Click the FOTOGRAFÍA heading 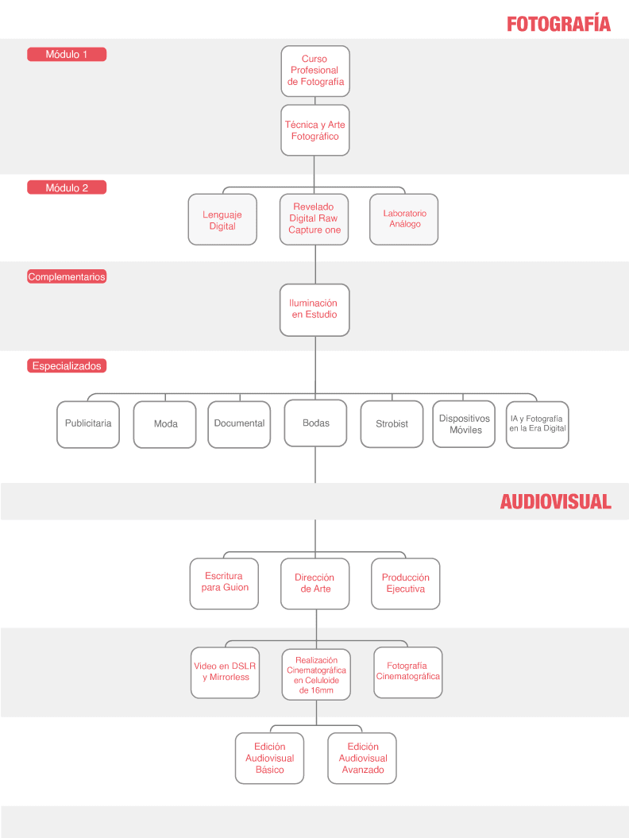click(558, 24)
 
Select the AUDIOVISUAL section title click(555, 501)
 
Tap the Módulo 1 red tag click(67, 54)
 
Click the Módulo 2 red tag click(67, 187)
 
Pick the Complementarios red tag click(67, 276)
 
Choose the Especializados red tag click(67, 365)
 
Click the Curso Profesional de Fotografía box click(315, 71)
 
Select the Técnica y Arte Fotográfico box click(315, 130)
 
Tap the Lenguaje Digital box click(222, 220)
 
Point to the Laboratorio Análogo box click(404, 220)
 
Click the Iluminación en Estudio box click(314, 310)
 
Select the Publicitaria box click(88, 424)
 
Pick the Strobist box click(392, 424)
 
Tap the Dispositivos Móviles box click(464, 424)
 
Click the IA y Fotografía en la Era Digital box click(538, 425)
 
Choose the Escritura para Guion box click(225, 584)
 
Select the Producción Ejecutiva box click(406, 584)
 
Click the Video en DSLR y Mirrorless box click(225, 672)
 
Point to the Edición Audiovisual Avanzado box click(362, 759)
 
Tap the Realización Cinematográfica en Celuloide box click(316, 674)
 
